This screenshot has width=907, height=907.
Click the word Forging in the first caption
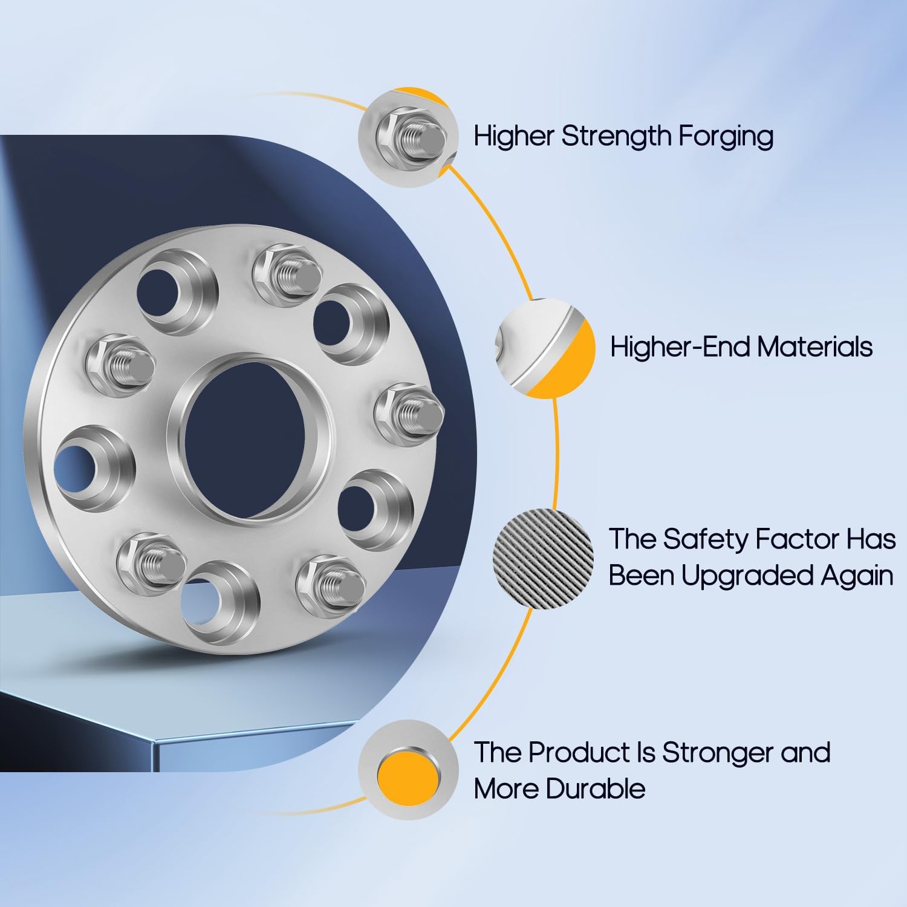tap(725, 136)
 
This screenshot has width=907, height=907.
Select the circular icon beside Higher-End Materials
tap(545, 349)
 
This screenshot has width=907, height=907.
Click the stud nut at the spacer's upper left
tap(120, 365)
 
